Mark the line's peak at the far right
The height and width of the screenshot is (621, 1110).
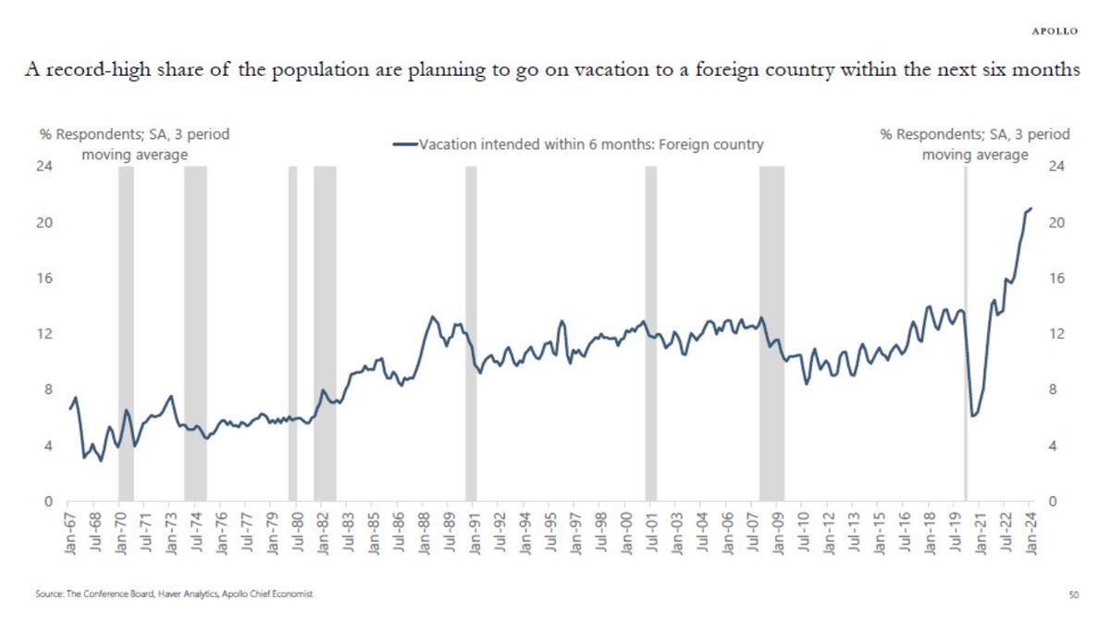coord(1031,208)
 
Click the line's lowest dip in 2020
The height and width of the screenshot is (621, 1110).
coord(973,416)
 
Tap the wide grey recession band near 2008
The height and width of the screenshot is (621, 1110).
coord(771,333)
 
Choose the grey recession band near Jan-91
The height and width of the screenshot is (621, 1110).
coord(471,333)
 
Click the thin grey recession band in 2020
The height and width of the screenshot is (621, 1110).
coord(966,333)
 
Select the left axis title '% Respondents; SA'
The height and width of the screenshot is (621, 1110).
coord(134,135)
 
